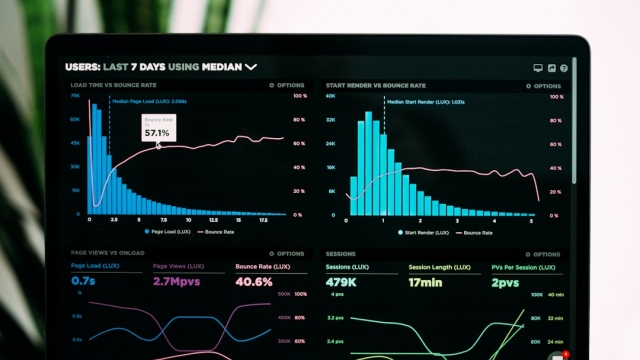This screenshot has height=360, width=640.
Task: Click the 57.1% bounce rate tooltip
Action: (x=157, y=129)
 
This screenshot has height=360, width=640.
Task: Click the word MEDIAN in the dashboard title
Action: (x=221, y=67)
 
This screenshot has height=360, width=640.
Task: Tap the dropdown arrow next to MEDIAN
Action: (x=251, y=67)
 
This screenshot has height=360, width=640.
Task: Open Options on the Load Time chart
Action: (x=288, y=86)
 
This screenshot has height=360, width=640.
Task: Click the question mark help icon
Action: (x=564, y=68)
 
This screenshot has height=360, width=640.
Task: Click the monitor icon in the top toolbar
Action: (x=538, y=68)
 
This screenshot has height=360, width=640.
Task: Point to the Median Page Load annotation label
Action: (x=149, y=101)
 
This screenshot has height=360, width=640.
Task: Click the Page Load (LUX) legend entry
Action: (x=162, y=231)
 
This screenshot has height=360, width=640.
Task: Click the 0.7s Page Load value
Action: (x=83, y=282)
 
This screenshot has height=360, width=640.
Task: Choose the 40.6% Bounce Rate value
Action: (x=254, y=282)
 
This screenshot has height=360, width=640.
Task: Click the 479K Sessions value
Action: (x=343, y=282)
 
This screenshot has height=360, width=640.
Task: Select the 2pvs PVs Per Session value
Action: (x=505, y=282)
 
